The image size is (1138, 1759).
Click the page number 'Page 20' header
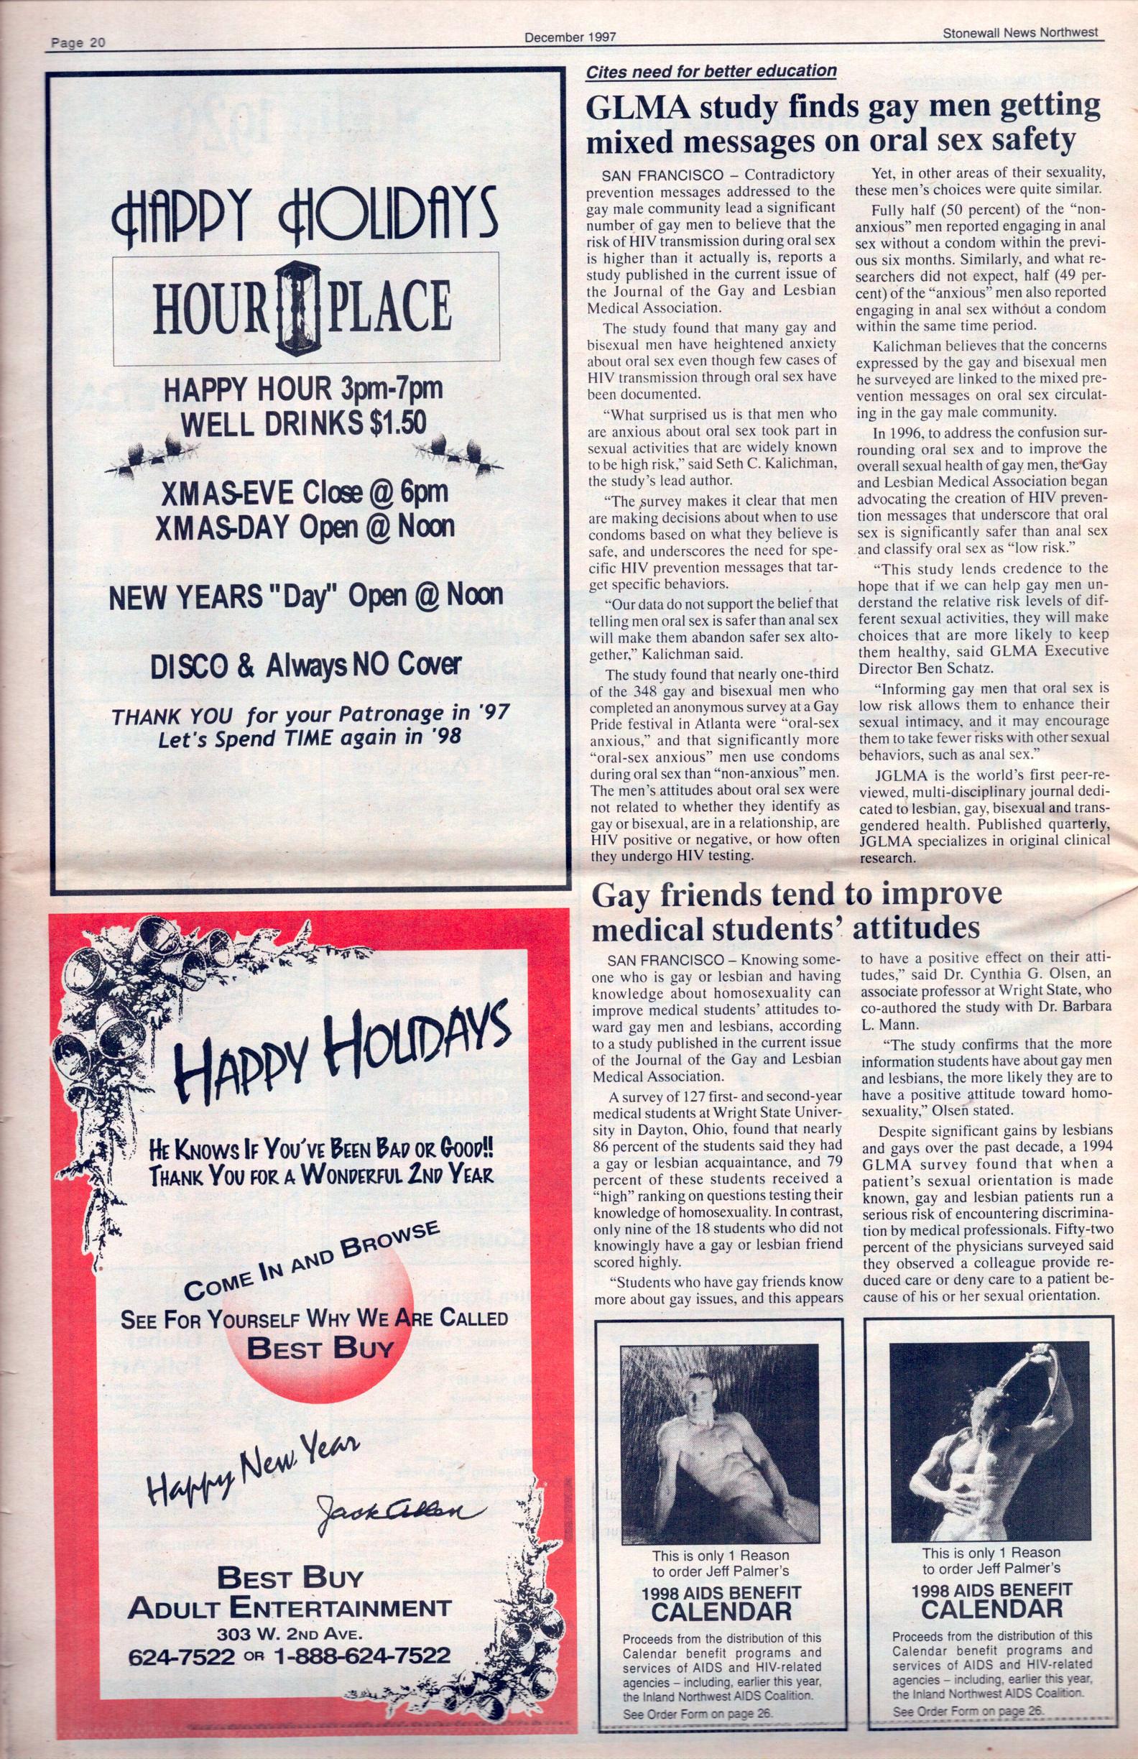78,43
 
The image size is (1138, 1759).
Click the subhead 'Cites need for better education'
711,71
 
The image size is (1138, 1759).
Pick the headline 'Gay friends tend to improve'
798,895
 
